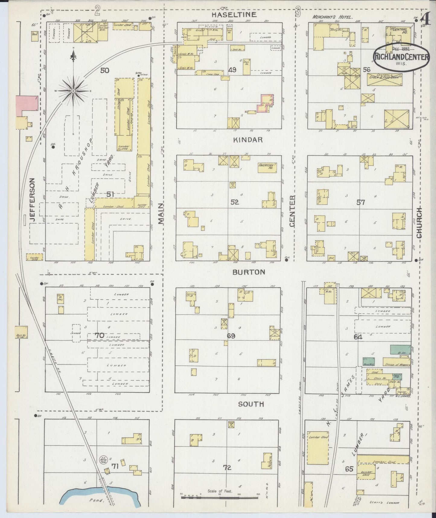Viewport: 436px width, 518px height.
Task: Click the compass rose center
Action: point(73,90)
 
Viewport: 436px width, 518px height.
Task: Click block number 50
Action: point(105,70)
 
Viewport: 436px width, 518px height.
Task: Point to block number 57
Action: point(361,202)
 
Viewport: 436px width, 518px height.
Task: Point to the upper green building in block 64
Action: point(400,349)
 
